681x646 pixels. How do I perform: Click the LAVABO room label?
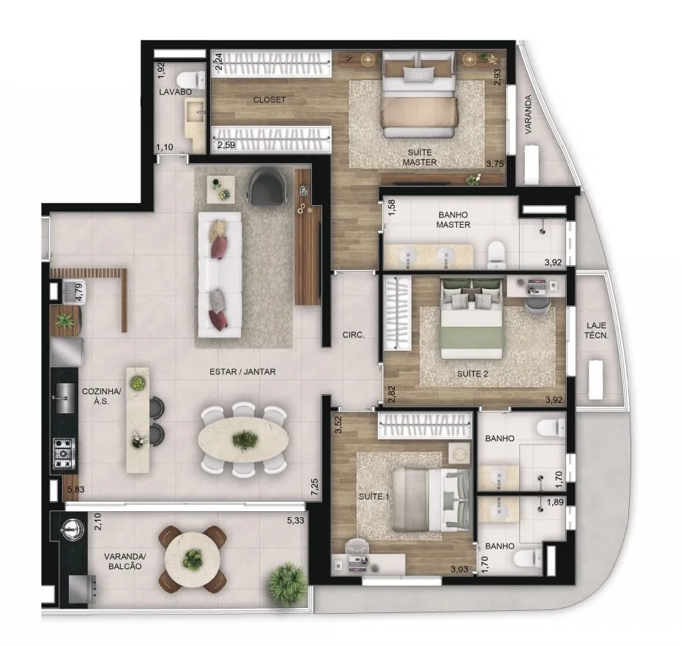pos(175,92)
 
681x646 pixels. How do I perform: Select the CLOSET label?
pos(269,100)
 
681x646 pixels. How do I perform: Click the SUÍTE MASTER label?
pos(420,157)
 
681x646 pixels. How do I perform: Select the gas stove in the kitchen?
pos(64,453)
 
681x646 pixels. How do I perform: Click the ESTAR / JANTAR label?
pos(242,372)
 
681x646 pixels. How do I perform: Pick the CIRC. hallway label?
pos(353,335)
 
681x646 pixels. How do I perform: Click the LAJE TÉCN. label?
pos(596,330)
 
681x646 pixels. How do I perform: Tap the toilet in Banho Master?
pos(496,255)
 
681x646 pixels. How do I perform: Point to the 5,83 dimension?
pos(76,489)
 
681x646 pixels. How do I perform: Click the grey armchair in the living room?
pos(269,186)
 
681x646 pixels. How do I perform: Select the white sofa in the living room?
pos(220,275)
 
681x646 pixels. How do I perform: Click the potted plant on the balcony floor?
pos(286,579)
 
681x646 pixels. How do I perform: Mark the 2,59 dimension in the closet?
pos(226,145)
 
